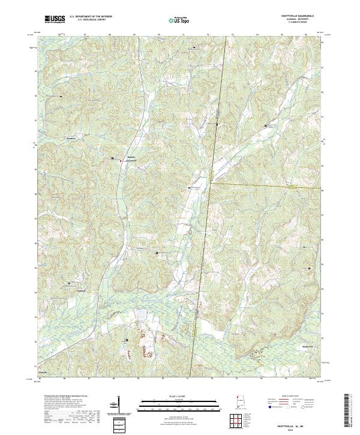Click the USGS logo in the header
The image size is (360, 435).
click(55, 19)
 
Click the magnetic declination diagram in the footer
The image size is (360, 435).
click(115, 405)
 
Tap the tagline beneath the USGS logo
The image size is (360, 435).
click(55, 23)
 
